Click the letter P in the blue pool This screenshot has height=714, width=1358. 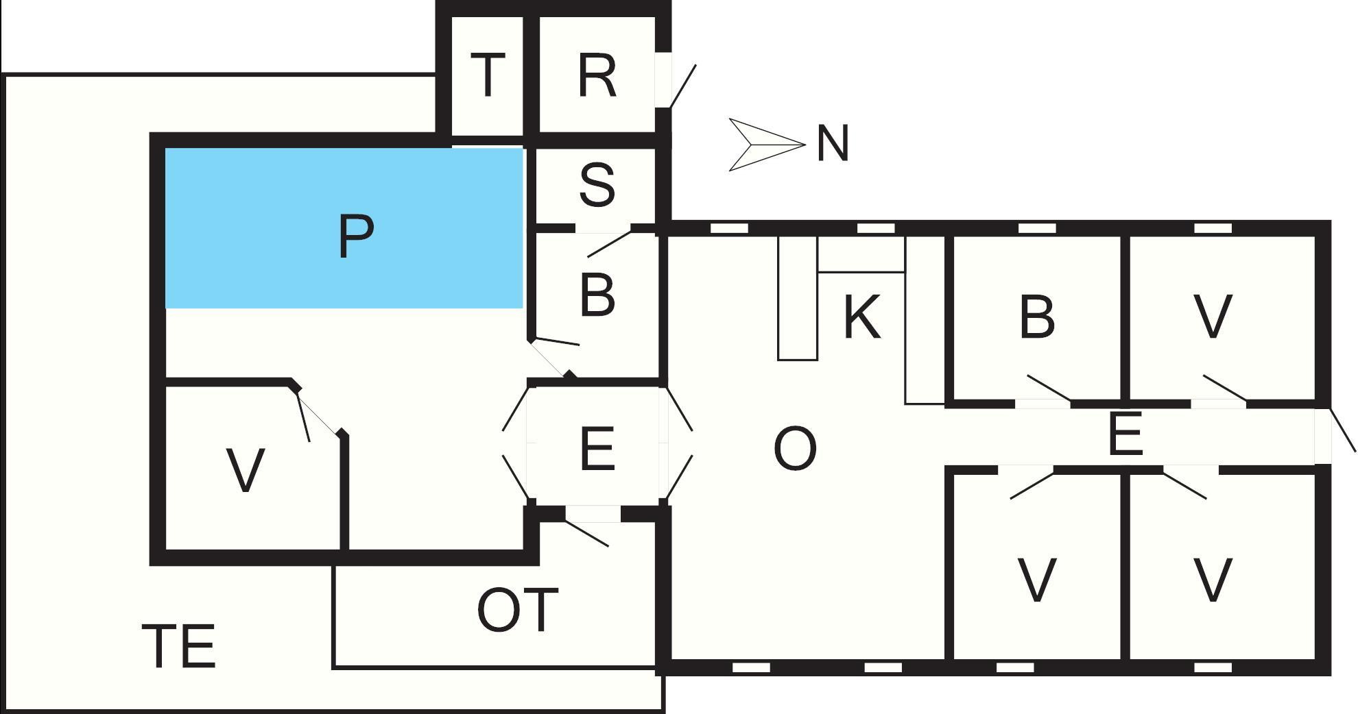click(x=356, y=236)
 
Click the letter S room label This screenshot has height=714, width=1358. click(x=597, y=184)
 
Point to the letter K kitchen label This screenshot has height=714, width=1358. click(x=861, y=317)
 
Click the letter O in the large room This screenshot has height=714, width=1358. click(x=795, y=449)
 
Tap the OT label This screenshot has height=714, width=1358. click(x=517, y=610)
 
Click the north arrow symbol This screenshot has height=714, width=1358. click(x=766, y=145)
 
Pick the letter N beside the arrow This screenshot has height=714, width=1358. click(x=833, y=144)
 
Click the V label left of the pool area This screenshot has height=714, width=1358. click(x=245, y=470)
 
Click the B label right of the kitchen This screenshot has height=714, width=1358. click(x=1037, y=317)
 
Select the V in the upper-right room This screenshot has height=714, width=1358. click(x=1213, y=317)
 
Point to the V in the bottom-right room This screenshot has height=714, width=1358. click(x=1213, y=580)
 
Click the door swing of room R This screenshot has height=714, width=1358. click(x=682, y=86)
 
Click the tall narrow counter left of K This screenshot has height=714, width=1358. click(x=798, y=298)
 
